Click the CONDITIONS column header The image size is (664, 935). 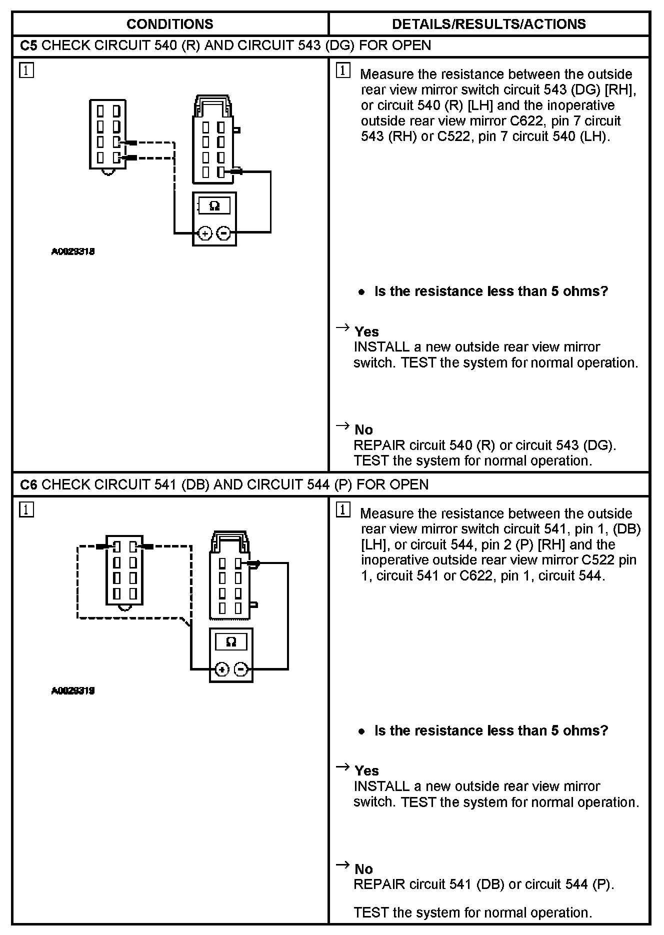[x=170, y=24]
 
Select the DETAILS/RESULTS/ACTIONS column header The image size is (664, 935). [x=488, y=24]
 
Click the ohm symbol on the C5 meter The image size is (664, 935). [x=214, y=206]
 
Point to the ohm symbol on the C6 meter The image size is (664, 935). [x=231, y=642]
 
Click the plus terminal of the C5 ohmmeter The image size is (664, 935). [x=205, y=233]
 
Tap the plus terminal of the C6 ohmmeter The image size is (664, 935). [x=222, y=669]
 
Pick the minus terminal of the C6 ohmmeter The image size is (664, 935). [x=241, y=669]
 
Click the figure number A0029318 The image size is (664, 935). [x=73, y=251]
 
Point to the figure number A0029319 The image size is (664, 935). [x=73, y=690]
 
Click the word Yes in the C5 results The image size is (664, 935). [x=366, y=331]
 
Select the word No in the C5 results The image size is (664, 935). [x=363, y=429]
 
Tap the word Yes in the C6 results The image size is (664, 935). [x=366, y=770]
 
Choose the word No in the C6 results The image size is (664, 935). [x=363, y=869]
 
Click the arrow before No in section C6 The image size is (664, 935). [x=342, y=864]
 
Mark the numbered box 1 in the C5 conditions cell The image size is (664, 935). [x=26, y=70]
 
